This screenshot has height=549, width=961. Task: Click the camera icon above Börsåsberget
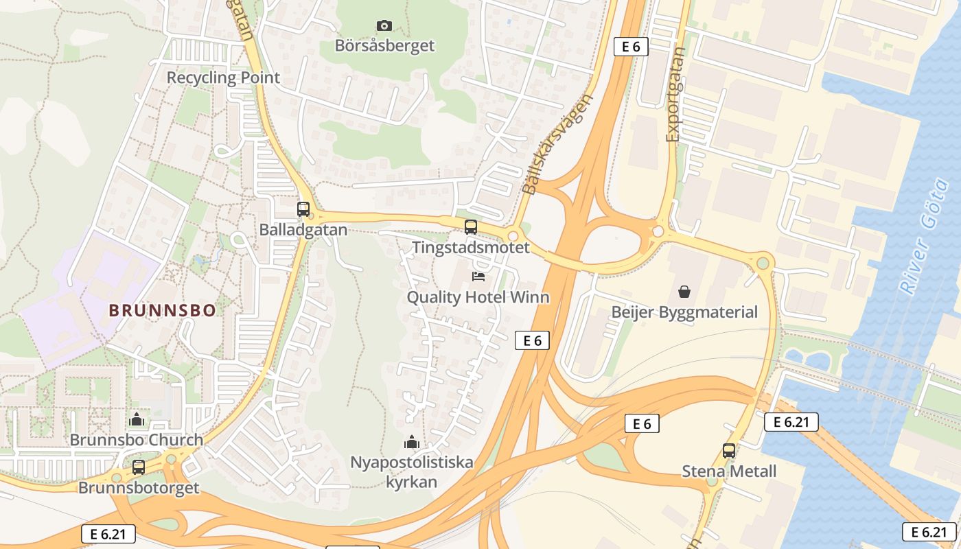384,25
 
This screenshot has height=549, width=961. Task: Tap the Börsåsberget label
384,46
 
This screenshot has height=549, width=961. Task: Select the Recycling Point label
223,78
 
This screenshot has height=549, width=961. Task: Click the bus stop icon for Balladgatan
303,209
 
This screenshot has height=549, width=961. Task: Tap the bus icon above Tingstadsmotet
471,226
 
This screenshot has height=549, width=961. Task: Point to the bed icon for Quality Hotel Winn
478,276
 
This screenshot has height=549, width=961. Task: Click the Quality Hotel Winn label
478,297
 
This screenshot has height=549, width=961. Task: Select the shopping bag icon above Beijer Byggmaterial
684,292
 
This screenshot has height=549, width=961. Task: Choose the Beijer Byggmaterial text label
684,312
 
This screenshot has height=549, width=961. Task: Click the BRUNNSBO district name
163,310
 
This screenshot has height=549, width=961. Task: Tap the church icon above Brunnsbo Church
137,419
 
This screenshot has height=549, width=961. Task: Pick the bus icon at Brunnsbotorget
139,467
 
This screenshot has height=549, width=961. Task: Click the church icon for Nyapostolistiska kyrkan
412,442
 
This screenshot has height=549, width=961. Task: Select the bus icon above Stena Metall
729,451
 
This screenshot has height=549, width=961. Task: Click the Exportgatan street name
675,94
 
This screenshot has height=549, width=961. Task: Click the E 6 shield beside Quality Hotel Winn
532,340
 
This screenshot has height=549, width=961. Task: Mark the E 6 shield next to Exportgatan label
631,47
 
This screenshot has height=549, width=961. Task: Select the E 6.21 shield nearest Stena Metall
791,422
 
